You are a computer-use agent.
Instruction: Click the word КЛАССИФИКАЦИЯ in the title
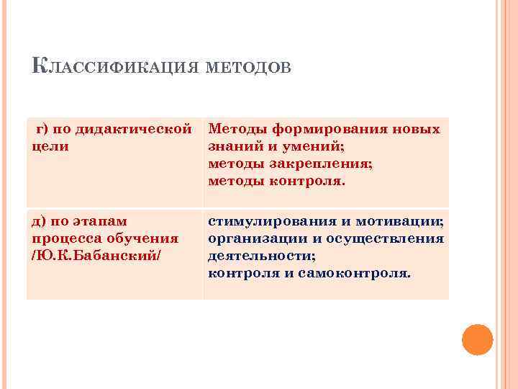[x=116, y=68]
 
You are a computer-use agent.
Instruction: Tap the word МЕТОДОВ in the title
[x=249, y=68]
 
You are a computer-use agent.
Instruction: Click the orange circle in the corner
[x=476, y=339]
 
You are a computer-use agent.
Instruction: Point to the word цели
[x=50, y=146]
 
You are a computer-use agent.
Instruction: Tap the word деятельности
[x=261, y=256]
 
